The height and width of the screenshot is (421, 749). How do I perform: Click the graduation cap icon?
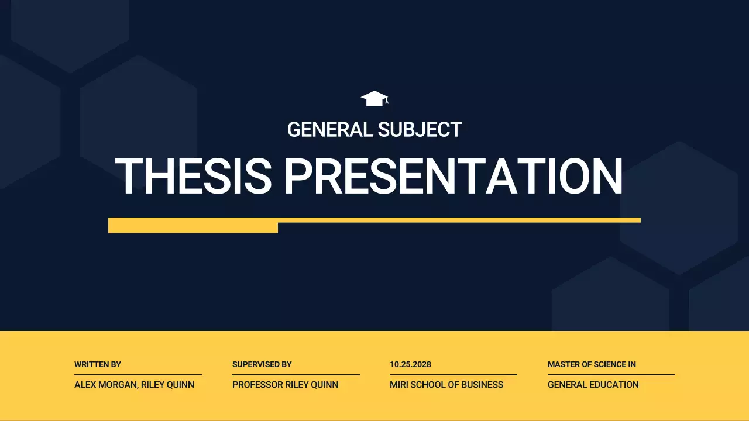[374, 99]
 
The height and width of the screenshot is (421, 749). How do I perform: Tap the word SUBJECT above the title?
[420, 130]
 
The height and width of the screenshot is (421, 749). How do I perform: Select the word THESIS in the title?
[193, 177]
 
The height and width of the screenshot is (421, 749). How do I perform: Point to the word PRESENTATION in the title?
[453, 177]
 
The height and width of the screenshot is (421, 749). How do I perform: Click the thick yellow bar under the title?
[193, 226]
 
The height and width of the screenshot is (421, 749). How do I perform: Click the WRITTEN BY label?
[98, 364]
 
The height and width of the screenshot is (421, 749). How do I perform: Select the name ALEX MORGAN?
[105, 385]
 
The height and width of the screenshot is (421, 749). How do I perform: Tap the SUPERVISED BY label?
[262, 364]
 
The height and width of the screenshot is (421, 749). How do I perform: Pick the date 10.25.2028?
[410, 364]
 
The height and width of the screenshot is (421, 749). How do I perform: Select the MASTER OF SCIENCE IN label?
[592, 364]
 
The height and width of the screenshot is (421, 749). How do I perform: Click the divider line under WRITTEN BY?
[138, 374]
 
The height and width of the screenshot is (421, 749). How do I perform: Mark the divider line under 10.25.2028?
[453, 374]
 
